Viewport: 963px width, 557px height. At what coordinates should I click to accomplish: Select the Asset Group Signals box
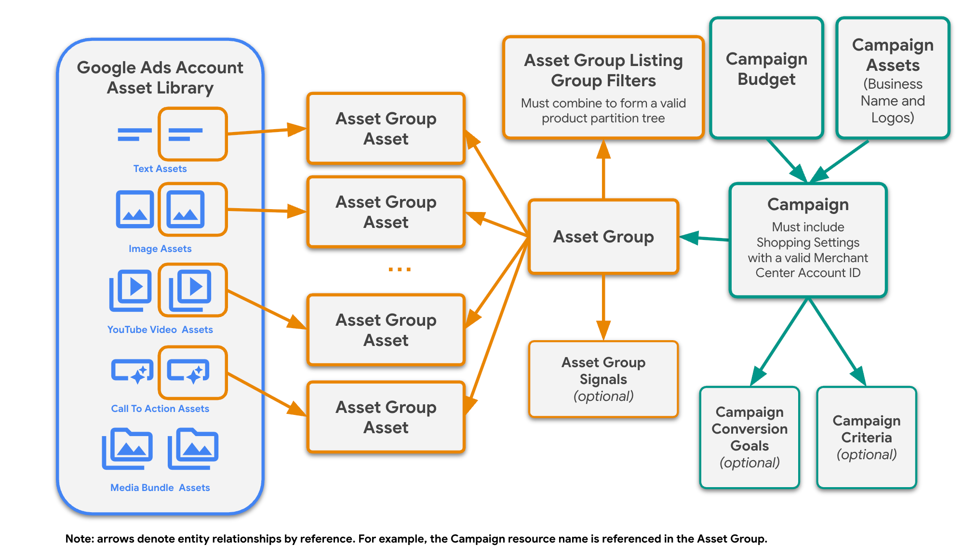click(x=603, y=379)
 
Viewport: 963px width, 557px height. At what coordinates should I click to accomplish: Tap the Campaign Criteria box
click(x=866, y=437)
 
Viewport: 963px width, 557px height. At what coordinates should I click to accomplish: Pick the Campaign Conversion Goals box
click(x=749, y=437)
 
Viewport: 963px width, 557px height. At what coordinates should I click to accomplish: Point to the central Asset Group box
click(x=603, y=237)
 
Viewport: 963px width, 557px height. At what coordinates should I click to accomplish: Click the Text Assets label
click(x=160, y=169)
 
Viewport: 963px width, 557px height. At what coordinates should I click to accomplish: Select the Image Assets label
click(x=160, y=249)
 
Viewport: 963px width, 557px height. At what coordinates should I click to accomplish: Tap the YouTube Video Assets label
click(x=160, y=330)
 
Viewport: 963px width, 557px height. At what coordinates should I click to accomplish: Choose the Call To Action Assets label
click(x=160, y=409)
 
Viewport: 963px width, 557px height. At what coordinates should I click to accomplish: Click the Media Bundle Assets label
click(x=160, y=488)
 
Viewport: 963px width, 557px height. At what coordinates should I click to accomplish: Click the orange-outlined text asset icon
click(x=192, y=134)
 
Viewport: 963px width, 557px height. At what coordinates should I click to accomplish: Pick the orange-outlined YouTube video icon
click(x=192, y=290)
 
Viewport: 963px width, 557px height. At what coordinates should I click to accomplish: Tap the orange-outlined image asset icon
click(x=192, y=210)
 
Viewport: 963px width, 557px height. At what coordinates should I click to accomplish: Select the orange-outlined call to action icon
click(x=192, y=372)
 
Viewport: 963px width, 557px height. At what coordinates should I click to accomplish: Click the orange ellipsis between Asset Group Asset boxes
click(x=400, y=269)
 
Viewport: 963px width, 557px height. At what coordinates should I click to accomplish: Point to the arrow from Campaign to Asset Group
click(x=704, y=238)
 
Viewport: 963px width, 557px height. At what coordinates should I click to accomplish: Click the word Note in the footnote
click(x=79, y=539)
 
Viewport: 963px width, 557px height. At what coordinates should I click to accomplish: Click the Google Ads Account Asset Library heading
click(x=160, y=78)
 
